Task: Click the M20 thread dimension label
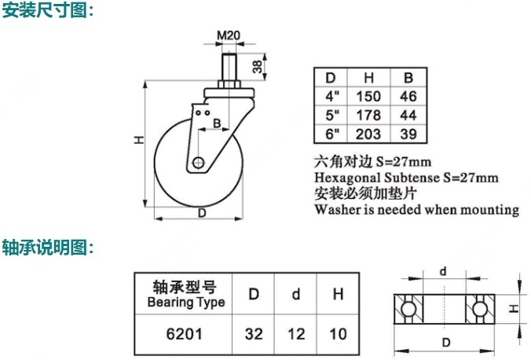229,35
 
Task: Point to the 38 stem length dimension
258,67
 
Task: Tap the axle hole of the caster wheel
199,163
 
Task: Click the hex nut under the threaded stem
229,84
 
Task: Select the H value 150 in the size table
368,96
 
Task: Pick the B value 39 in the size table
408,134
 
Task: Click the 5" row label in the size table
332,116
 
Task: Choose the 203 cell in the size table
368,134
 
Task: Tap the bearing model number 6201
185,334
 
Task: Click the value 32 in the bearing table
254,334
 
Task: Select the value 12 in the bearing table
296,334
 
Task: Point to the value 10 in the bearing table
338,334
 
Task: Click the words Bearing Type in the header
186,302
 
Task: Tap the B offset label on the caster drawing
217,123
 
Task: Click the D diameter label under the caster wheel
202,213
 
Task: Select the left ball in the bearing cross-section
408,309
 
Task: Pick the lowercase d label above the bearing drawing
443,271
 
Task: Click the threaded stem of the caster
229,67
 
